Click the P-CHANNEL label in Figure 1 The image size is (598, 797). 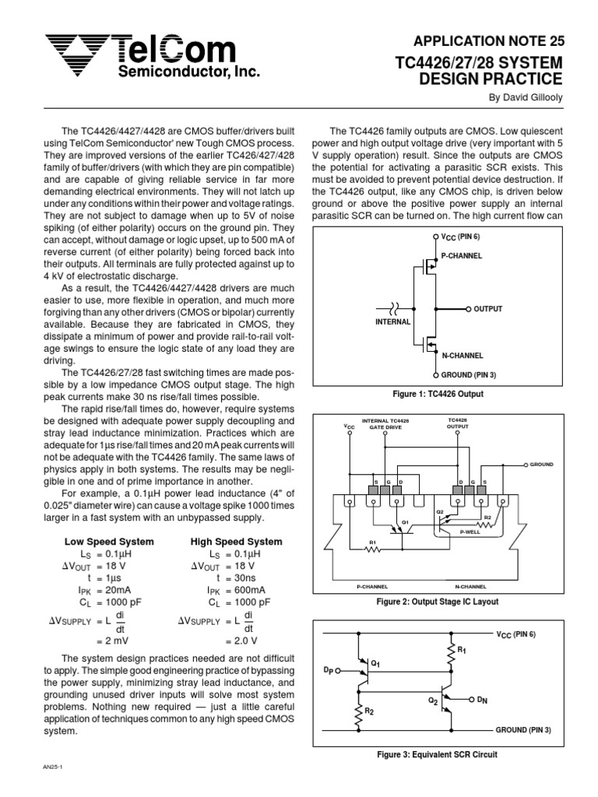(x=462, y=255)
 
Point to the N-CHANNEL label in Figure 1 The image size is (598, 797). (x=463, y=354)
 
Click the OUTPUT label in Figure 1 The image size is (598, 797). (x=488, y=309)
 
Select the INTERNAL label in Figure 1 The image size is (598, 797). (x=392, y=321)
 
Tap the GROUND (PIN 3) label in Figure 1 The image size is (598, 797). (x=473, y=374)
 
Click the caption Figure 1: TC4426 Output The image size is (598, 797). (x=438, y=395)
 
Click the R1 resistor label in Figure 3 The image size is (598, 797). (x=462, y=648)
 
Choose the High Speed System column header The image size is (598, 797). (x=236, y=542)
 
